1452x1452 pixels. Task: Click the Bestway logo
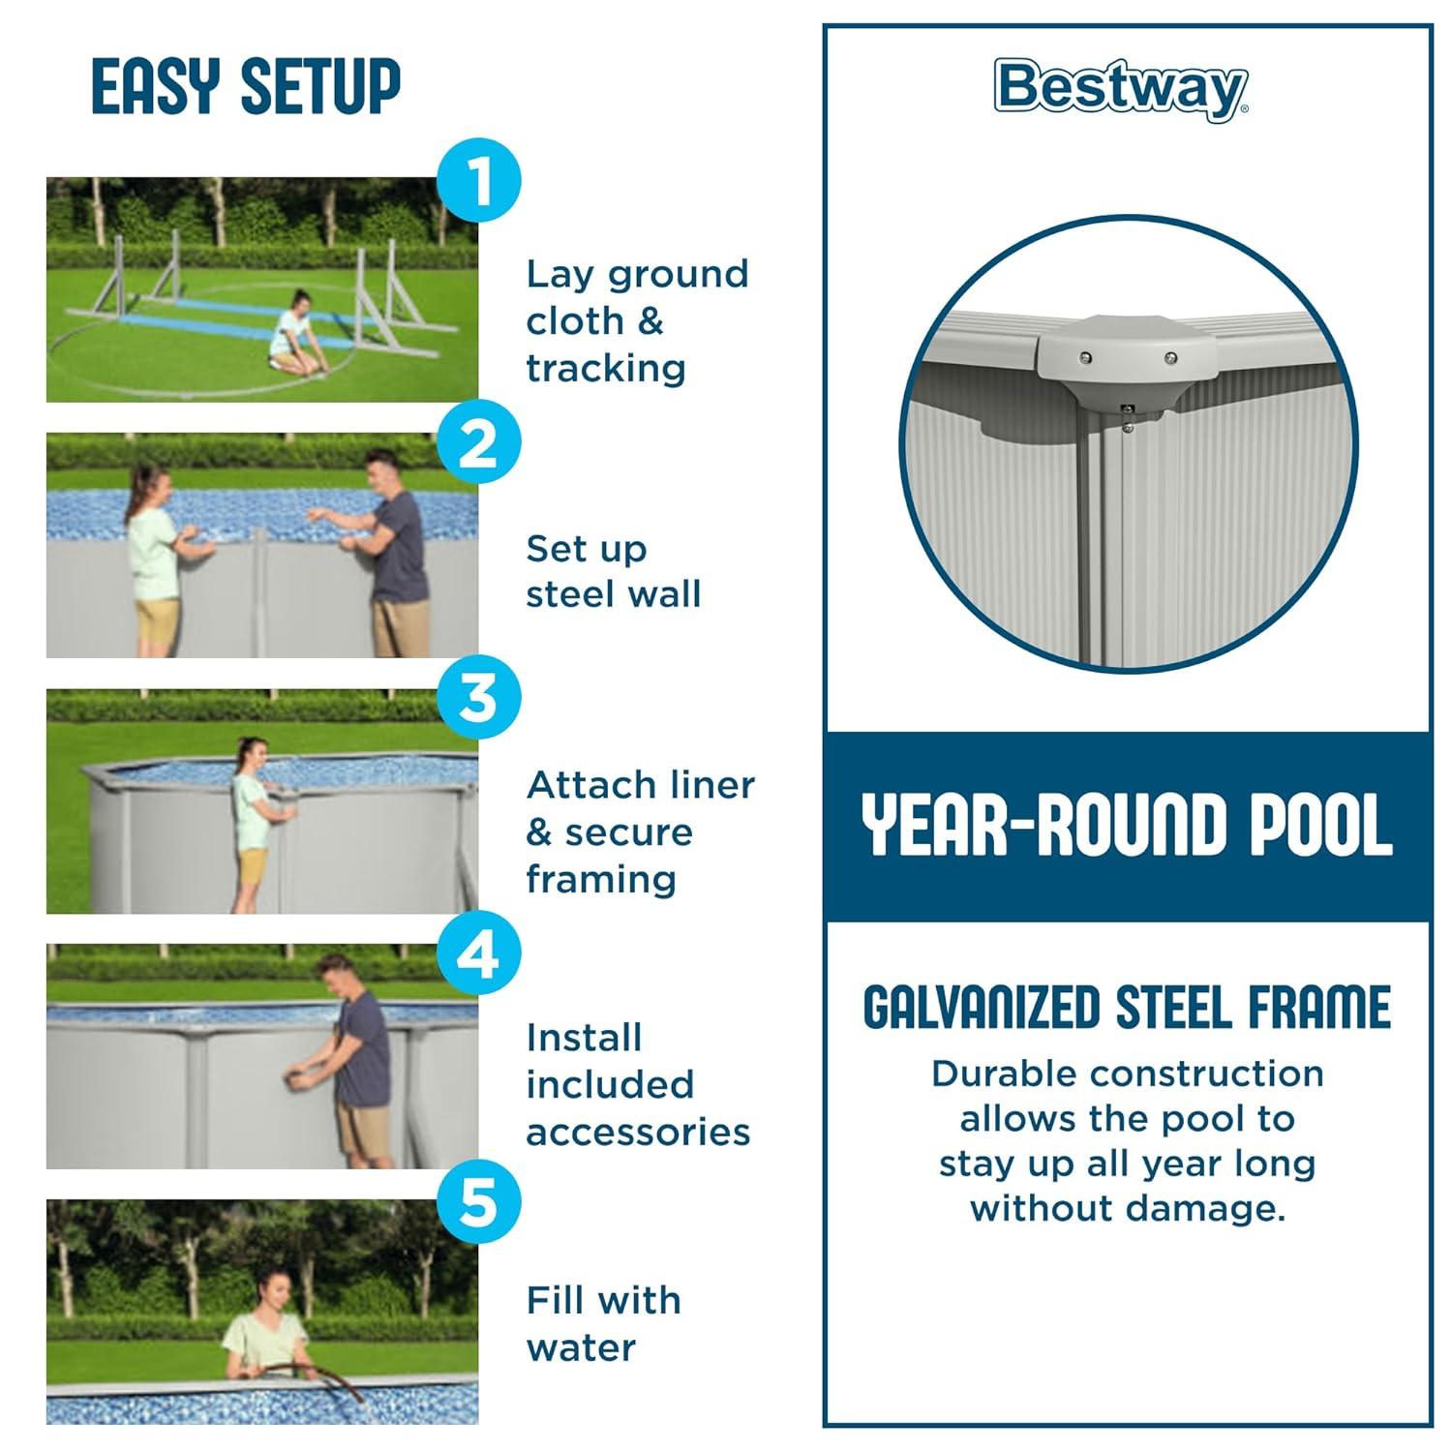(1121, 89)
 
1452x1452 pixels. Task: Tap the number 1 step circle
(478, 181)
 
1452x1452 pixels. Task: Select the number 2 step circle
(478, 444)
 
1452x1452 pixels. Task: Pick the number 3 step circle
(478, 698)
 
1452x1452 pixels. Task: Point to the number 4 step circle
(478, 953)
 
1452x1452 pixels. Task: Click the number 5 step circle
(478, 1204)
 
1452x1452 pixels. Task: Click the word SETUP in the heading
(320, 86)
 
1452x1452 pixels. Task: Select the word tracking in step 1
(606, 369)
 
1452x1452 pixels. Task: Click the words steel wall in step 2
(613, 594)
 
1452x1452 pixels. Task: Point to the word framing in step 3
(601, 880)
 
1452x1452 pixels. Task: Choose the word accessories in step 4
(638, 1133)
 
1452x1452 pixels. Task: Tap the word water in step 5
(581, 1347)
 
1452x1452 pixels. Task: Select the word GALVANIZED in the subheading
(982, 1008)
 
